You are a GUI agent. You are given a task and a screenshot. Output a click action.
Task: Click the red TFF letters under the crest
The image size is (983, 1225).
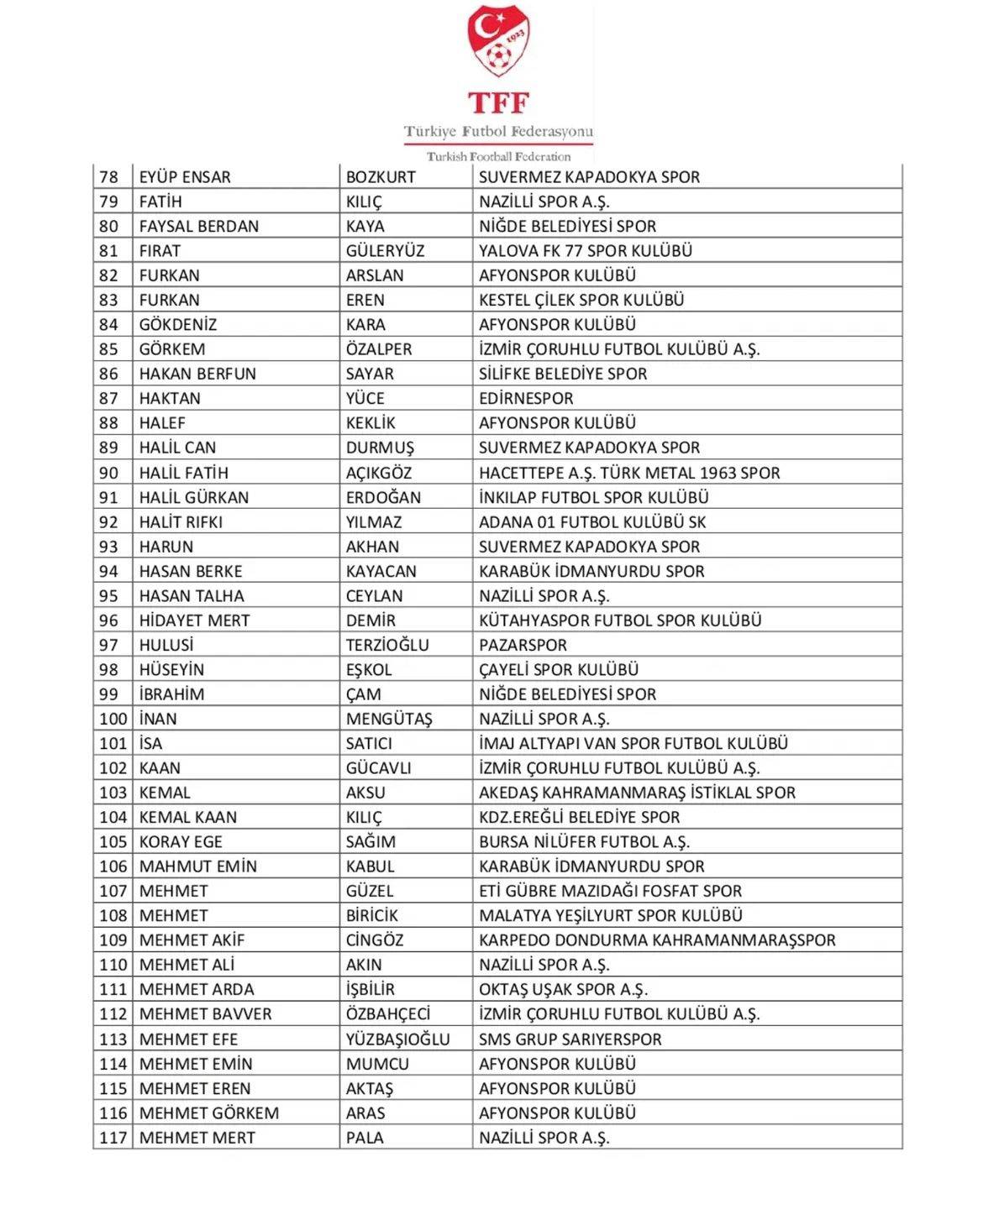[x=499, y=102]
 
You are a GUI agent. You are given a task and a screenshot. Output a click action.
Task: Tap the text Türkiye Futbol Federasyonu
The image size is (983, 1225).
[x=498, y=131]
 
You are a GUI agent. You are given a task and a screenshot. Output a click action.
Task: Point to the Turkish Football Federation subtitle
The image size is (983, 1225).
[x=498, y=156]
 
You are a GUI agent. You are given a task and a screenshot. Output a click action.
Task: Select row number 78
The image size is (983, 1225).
[x=109, y=177]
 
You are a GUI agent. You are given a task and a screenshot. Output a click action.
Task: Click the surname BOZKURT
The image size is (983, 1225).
[x=381, y=177]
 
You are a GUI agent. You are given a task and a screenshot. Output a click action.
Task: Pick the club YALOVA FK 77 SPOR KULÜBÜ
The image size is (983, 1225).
[x=586, y=251]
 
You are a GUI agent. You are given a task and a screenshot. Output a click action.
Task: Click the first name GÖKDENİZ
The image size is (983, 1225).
[x=178, y=325]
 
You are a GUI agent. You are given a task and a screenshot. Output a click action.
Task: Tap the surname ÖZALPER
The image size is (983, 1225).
[x=379, y=349]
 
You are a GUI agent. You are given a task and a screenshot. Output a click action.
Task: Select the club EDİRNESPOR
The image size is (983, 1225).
[x=526, y=399]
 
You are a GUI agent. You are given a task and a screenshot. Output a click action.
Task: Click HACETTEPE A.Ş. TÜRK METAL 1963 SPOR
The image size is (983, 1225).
[x=629, y=473]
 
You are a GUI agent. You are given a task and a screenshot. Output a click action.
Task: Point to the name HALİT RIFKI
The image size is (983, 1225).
[x=181, y=522]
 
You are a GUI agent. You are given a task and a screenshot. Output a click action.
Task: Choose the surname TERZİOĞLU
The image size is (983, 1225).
[x=387, y=645]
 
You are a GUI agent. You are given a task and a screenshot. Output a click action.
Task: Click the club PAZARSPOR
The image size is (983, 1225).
[x=523, y=645]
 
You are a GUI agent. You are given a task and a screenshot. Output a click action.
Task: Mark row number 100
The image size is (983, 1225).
[x=113, y=719]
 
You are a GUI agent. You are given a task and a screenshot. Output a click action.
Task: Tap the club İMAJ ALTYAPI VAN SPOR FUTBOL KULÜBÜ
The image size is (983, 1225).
[x=633, y=743]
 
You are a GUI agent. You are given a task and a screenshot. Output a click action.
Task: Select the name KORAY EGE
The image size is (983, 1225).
[x=181, y=842]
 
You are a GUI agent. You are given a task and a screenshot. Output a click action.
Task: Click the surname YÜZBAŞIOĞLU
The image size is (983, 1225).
[x=397, y=1039]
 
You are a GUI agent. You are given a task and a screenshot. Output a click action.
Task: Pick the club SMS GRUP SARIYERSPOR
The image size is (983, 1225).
[x=570, y=1039]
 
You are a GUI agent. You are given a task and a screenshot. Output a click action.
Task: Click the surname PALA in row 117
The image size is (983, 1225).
[x=365, y=1138]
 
